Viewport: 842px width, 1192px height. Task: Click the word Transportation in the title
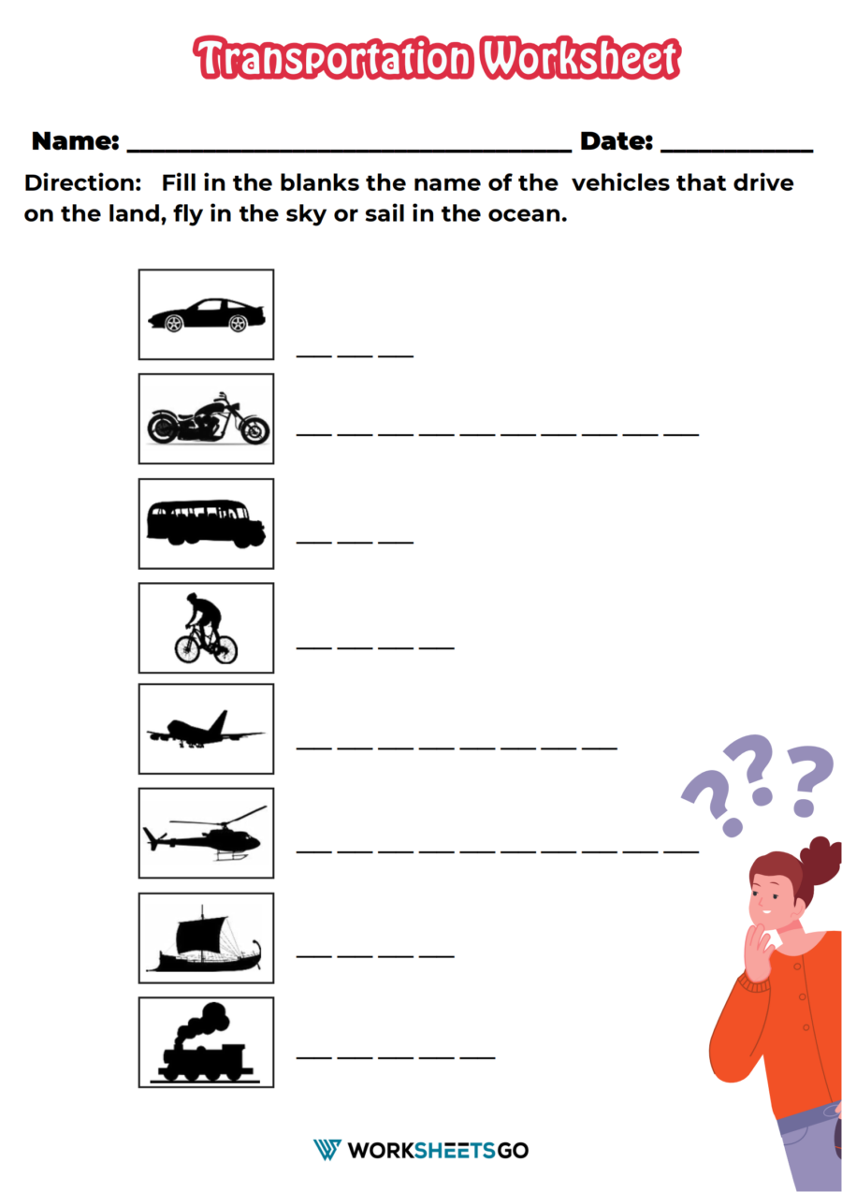point(333,58)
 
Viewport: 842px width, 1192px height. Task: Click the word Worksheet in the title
point(581,58)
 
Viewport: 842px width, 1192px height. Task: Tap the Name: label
point(76,141)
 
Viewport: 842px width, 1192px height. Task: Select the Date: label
point(617,141)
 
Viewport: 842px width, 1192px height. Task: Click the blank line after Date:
point(736,153)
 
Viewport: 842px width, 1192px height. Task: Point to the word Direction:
point(83,183)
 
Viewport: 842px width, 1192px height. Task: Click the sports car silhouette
point(207,315)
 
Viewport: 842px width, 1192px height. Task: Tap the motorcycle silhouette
point(208,419)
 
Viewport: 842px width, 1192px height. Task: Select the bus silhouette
point(206,524)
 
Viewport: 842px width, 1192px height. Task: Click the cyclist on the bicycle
point(206,629)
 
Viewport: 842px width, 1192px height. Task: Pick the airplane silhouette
point(206,730)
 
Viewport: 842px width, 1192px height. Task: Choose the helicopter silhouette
point(205,834)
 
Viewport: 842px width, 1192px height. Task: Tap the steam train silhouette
point(205,1044)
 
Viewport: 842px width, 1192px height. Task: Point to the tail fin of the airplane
point(219,721)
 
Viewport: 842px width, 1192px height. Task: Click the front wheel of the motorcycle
point(255,429)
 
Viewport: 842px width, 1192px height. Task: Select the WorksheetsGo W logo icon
point(327,1150)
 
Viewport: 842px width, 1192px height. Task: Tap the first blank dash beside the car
point(314,356)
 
